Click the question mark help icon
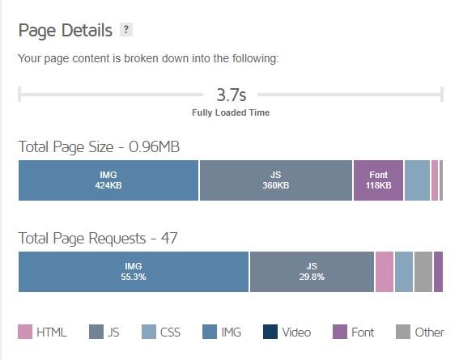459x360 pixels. tap(125, 30)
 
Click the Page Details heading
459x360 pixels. tap(66, 31)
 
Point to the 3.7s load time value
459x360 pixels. tap(231, 95)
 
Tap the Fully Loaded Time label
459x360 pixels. tap(231, 112)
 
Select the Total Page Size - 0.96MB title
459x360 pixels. tap(99, 146)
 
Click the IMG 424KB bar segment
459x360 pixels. tap(108, 180)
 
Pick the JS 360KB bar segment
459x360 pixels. tap(276, 180)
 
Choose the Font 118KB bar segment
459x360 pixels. tap(378, 180)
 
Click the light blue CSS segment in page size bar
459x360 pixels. tap(417, 180)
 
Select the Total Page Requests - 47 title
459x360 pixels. tap(98, 238)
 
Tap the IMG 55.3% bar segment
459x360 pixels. tap(134, 271)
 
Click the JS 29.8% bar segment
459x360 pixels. tap(312, 271)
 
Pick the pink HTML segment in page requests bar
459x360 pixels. tap(385, 271)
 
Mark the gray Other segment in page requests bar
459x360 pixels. tap(423, 271)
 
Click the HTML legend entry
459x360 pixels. tap(42, 332)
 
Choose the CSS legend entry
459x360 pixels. tap(161, 332)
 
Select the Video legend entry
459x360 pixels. tap(287, 332)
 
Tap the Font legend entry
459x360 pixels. tap(355, 332)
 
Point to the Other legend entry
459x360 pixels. tap(420, 332)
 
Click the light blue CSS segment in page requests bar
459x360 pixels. tap(404, 271)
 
